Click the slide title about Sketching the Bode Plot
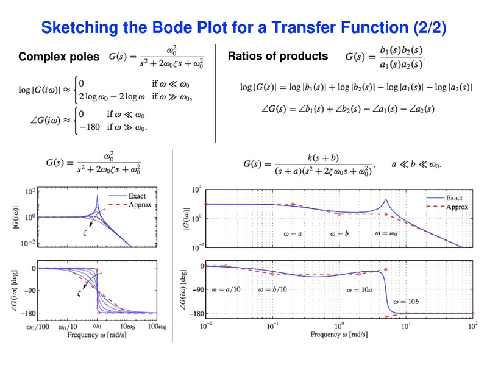[x=244, y=27]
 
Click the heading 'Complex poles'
[x=59, y=57]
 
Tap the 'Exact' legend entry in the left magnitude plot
[x=136, y=197]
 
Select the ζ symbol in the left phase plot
[x=79, y=294]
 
